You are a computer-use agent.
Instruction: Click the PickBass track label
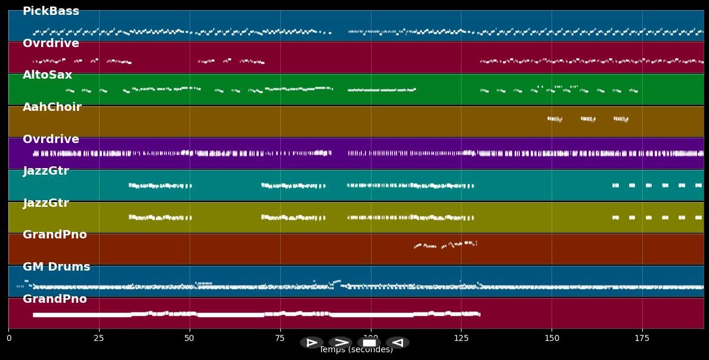[51, 11]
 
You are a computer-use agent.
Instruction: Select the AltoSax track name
[47, 75]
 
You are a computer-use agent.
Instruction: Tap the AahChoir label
[52, 107]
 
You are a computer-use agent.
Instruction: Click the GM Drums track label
[56, 267]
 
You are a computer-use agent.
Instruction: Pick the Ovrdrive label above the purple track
[51, 139]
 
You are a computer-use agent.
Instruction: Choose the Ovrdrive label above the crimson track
[51, 44]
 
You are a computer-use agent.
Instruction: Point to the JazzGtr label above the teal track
[46, 171]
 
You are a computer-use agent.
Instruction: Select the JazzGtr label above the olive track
[46, 203]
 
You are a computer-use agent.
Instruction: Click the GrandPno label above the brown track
[54, 235]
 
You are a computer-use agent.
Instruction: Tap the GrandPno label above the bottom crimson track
[54, 299]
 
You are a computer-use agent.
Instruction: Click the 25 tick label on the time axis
[99, 339]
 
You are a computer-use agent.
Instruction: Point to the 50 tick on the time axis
[190, 339]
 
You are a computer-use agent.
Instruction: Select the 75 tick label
[280, 339]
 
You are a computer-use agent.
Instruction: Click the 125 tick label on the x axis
[461, 339]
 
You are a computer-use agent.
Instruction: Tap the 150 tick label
[552, 339]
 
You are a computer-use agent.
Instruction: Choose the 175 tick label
[642, 339]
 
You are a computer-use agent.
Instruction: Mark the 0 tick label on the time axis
[8, 339]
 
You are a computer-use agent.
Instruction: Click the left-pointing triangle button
[397, 343]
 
